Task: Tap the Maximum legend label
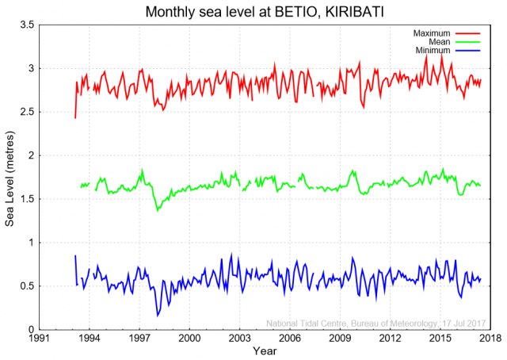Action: click(x=432, y=33)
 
